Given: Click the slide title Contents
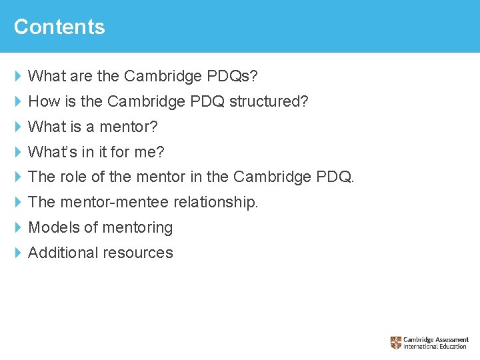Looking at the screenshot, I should point(59,27).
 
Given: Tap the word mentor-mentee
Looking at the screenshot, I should point(115,202).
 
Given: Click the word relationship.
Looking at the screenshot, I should point(215,202).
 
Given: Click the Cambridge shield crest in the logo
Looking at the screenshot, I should point(396,343).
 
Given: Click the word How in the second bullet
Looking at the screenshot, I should point(44,102).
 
